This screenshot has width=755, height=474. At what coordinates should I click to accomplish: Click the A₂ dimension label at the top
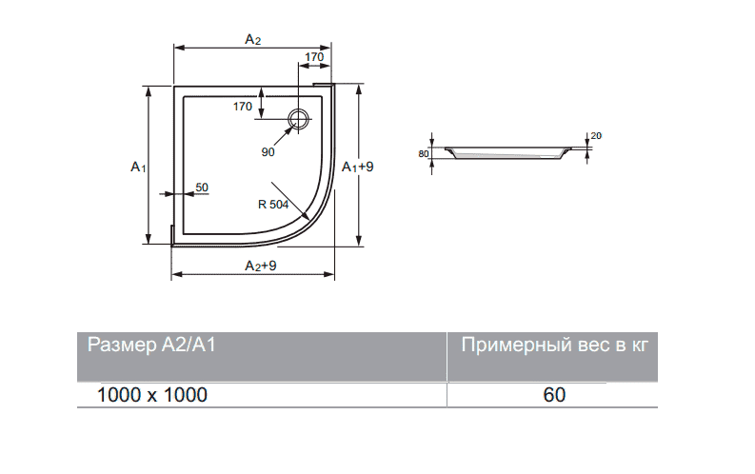(x=253, y=39)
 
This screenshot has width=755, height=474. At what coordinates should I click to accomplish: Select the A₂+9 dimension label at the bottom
(x=261, y=266)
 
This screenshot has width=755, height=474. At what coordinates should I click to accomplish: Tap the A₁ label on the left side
(x=138, y=167)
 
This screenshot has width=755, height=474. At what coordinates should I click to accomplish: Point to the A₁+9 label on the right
(x=358, y=167)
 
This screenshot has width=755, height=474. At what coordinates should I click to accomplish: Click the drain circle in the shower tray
(x=299, y=118)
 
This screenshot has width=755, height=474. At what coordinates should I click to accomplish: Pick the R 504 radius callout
(x=273, y=205)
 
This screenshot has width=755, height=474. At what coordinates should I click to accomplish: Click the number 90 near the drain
(x=268, y=152)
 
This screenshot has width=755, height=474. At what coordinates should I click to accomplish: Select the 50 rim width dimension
(x=202, y=188)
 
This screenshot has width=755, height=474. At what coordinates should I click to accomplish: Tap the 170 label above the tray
(x=314, y=57)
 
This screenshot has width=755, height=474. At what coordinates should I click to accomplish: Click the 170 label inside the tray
(x=243, y=107)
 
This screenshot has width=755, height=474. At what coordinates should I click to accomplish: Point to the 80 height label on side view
(x=424, y=154)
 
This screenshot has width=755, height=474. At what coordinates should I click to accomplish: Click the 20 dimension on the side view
(x=596, y=136)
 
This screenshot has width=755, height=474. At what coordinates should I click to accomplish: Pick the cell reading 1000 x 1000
(x=152, y=395)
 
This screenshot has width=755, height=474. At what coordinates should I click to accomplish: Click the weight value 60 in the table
(x=554, y=395)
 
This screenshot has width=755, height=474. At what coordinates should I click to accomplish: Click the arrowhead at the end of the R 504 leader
(x=306, y=217)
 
